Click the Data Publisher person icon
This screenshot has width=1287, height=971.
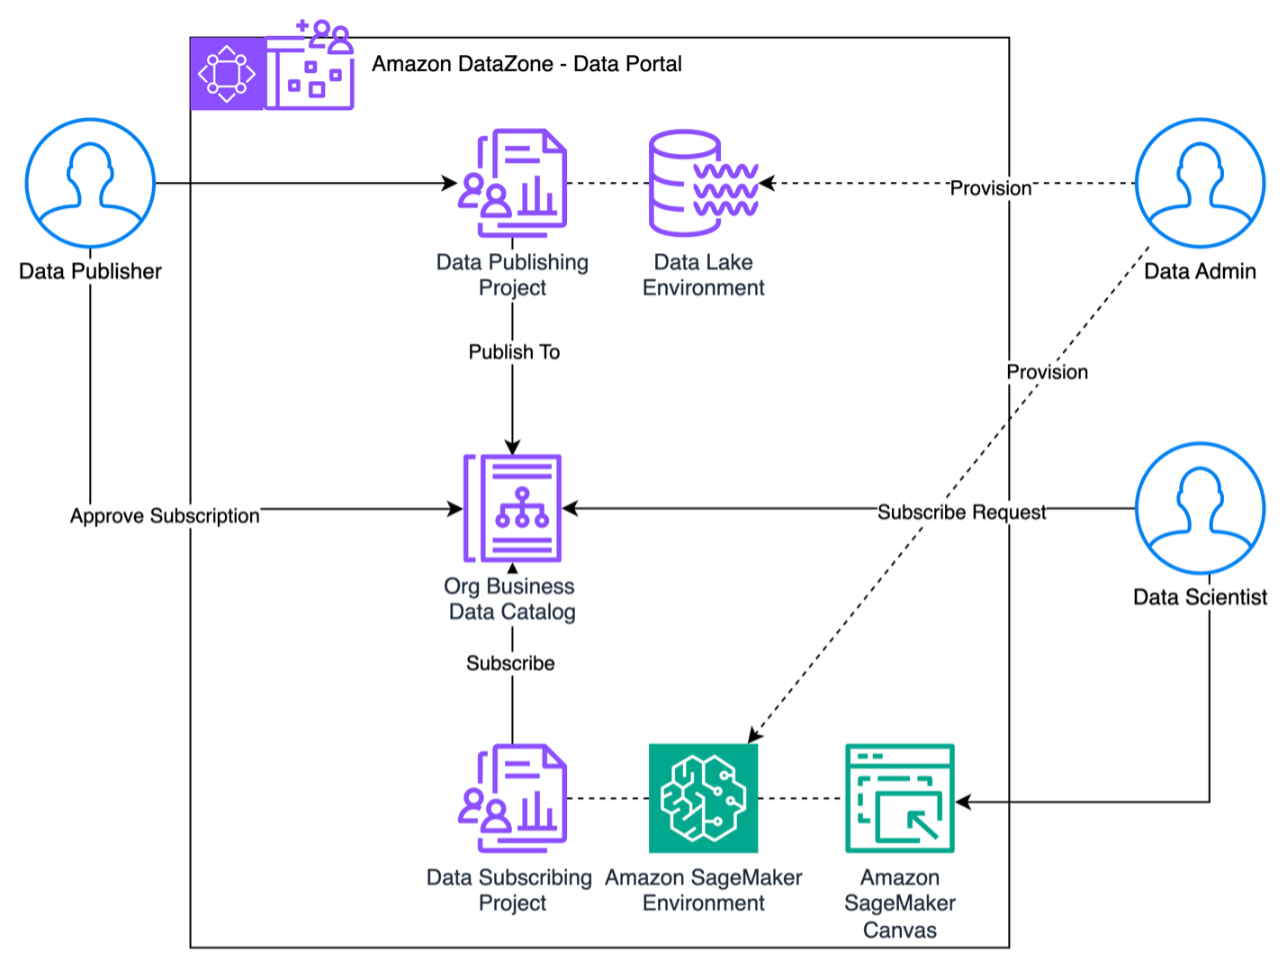point(90,183)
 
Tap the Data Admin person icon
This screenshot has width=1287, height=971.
point(1200,183)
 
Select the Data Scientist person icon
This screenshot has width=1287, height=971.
point(1200,508)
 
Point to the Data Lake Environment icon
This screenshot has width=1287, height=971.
point(703,183)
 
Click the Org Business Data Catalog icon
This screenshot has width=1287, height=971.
point(513,508)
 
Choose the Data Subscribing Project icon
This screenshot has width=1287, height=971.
point(513,798)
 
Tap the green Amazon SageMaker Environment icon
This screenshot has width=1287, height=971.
point(703,798)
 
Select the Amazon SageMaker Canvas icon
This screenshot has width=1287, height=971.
point(899,798)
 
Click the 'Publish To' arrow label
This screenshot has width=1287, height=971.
point(514,352)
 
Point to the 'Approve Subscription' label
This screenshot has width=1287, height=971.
point(165,516)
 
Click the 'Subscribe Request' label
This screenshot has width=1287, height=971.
point(962,513)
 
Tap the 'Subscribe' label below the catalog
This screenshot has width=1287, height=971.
point(510,664)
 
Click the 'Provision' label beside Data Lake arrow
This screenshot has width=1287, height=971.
point(991,188)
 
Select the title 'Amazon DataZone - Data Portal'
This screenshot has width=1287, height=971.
point(526,64)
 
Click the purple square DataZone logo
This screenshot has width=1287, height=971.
point(227,74)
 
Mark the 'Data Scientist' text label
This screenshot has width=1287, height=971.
point(1200,597)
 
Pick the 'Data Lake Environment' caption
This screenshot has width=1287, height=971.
point(703,275)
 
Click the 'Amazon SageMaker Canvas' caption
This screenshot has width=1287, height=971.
point(899,903)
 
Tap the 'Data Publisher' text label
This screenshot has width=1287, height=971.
point(90,271)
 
